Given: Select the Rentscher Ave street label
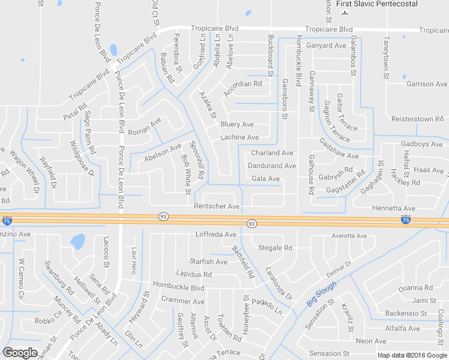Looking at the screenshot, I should coord(217,206).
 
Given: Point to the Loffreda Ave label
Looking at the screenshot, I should coord(216,234).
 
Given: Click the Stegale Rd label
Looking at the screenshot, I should coord(275,248).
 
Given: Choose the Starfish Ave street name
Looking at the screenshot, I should coord(208,262).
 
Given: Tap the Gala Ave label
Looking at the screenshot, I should coord(266,179).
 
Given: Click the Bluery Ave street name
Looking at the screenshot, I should coord(237,124).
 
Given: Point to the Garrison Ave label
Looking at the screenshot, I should coord(427,84).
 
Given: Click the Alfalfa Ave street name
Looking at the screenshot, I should coord(402,328).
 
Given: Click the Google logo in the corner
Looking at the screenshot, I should coord(20,353).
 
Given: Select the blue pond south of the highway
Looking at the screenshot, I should coord(77,242).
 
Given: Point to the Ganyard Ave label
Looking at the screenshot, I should coord(327,46).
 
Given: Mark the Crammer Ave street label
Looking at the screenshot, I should coord(183,301).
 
